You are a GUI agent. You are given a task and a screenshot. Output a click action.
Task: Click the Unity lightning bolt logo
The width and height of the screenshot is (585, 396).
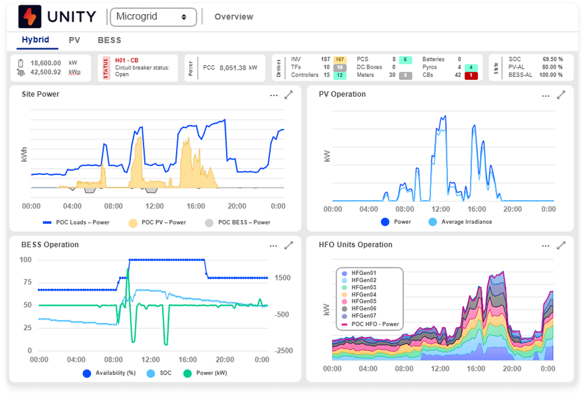click(30, 17)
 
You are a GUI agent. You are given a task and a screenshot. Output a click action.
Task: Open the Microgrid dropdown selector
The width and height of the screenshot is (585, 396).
click(153, 17)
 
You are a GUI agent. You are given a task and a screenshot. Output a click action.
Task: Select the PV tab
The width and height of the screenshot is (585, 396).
click(75, 40)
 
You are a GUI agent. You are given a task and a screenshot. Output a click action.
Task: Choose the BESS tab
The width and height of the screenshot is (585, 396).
click(109, 40)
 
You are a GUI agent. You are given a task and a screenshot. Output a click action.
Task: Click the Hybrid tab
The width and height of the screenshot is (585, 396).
click(35, 40)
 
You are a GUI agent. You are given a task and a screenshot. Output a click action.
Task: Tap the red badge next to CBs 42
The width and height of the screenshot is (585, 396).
click(471, 75)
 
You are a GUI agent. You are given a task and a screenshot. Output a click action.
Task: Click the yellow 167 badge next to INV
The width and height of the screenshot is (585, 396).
click(340, 60)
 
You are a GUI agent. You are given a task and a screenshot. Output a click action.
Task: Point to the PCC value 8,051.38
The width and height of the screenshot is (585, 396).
click(233, 68)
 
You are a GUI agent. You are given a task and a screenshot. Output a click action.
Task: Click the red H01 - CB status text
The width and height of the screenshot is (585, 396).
click(127, 60)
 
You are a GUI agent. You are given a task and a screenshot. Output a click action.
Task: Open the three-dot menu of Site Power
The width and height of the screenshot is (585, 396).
click(274, 96)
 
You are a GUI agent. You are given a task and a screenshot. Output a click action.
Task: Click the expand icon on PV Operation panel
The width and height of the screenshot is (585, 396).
click(561, 95)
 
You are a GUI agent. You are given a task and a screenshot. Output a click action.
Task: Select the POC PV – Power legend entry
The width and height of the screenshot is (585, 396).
click(163, 222)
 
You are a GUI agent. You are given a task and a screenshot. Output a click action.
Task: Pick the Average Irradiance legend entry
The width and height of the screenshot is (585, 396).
click(466, 222)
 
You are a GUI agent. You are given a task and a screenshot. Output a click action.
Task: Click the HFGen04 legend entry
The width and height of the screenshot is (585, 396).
click(364, 294)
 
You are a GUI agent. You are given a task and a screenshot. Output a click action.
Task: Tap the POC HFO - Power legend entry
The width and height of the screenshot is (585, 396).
click(375, 324)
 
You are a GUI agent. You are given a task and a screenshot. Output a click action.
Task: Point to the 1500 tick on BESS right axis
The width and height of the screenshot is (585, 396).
click(282, 278)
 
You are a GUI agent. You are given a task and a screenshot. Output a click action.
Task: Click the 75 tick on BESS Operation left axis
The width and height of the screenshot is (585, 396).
click(28, 282)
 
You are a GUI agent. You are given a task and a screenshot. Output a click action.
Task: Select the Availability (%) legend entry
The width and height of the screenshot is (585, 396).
click(115, 373)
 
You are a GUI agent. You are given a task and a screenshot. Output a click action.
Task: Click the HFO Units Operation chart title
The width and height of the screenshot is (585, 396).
click(355, 245)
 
